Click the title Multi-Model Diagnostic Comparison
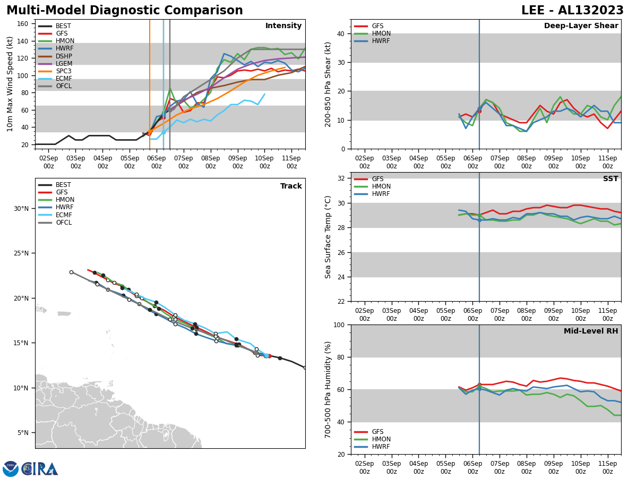[125, 11]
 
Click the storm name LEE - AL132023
[572, 11]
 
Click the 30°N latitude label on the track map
[20, 208]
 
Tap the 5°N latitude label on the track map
[22, 433]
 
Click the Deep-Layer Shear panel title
[581, 26]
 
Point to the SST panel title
[610, 179]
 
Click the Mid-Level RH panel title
[591, 331]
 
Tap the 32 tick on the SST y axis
[342, 178]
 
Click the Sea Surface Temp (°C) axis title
[329, 237]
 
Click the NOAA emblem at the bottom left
[11, 468]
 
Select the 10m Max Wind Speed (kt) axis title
[10, 84]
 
